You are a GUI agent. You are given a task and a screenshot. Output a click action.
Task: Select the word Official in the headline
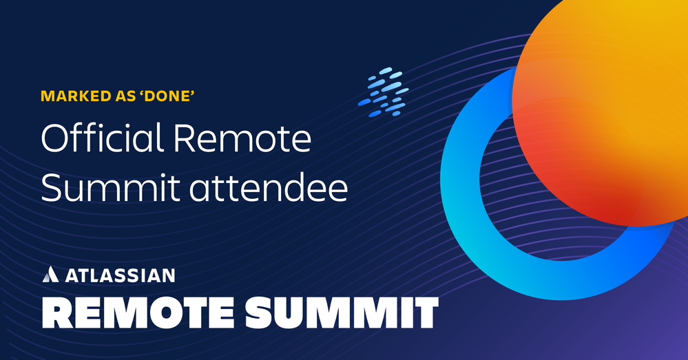[x=102, y=138]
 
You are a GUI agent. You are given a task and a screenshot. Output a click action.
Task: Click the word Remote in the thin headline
[x=242, y=139]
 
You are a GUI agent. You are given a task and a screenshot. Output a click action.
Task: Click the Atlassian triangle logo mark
[x=50, y=274]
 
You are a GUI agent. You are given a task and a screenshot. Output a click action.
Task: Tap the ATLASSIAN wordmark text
[x=120, y=275]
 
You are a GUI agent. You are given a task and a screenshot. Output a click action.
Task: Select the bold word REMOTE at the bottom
[x=138, y=313]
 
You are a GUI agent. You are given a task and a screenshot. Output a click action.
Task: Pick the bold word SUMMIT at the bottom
[x=342, y=313]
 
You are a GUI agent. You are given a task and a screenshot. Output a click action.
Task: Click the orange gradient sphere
[x=601, y=109]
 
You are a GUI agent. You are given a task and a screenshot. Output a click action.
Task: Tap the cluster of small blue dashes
[x=383, y=92]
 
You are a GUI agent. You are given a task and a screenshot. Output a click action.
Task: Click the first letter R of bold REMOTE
[x=56, y=313]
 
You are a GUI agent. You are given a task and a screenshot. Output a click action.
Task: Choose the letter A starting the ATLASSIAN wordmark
[x=72, y=275]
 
